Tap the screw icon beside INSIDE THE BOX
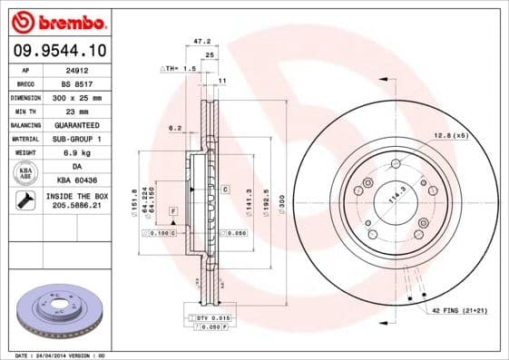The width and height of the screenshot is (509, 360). pos(24,201)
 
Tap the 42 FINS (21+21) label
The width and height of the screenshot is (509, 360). pos(458,310)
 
